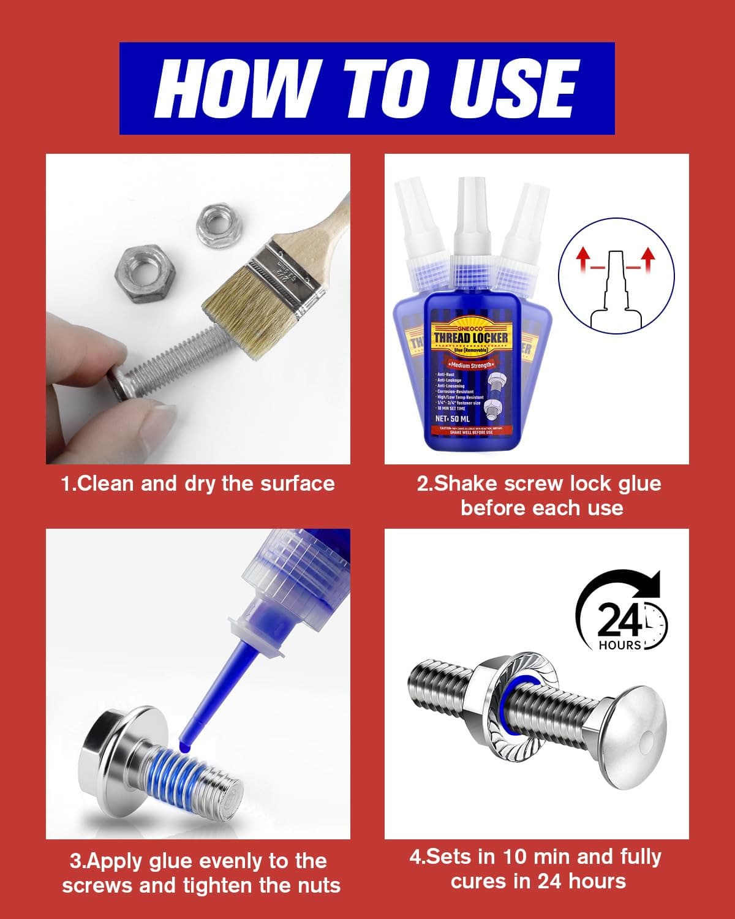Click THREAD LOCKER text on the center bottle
coord(470,338)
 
